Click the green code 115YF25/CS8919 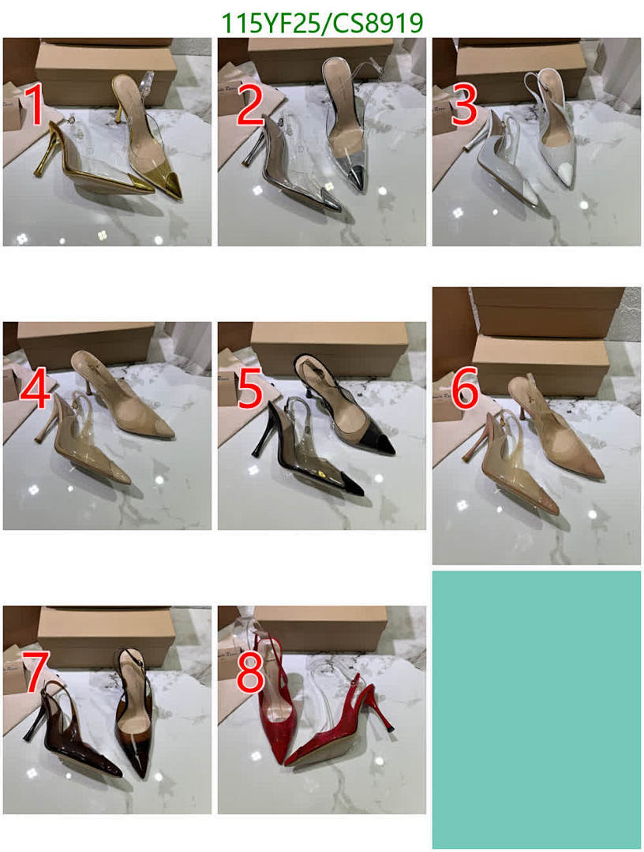coord(322,24)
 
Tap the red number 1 coord(34,106)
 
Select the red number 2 coord(249,106)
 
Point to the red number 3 coord(464,106)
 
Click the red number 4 coord(36,390)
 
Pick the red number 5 coord(249,390)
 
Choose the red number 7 coord(35,672)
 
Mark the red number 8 coord(249,672)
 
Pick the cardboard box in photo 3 coord(521,71)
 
